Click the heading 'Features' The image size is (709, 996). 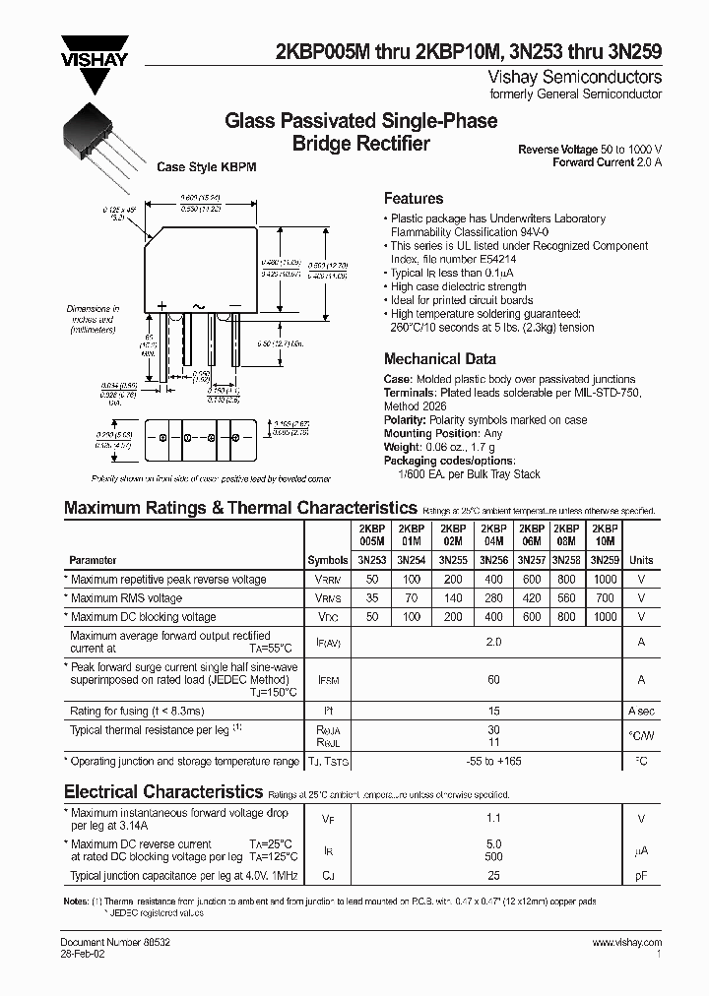pyautogui.click(x=413, y=198)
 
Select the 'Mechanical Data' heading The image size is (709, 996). pyautogui.click(x=439, y=359)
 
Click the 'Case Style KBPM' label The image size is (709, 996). pyautogui.click(x=207, y=167)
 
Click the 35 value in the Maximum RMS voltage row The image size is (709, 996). pyautogui.click(x=372, y=597)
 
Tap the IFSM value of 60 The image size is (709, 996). pyautogui.click(x=493, y=679)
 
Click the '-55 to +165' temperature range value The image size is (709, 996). pyautogui.click(x=493, y=762)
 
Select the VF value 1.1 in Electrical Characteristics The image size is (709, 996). pyautogui.click(x=493, y=818)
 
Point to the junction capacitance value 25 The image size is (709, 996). pyautogui.click(x=493, y=874)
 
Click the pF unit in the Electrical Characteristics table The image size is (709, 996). pyautogui.click(x=641, y=874)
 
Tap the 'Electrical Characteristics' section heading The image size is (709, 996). pyautogui.click(x=162, y=791)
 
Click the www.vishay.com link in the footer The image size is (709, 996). pyautogui.click(x=626, y=943)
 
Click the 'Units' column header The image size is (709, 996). pyautogui.click(x=641, y=559)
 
